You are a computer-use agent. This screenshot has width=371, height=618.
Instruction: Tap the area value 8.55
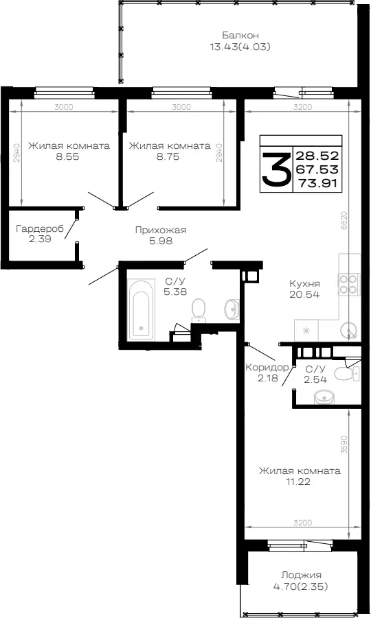[x=67, y=156]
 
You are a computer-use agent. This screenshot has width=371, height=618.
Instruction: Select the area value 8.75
[x=168, y=156]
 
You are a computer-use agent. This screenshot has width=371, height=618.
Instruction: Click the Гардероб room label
[x=40, y=228]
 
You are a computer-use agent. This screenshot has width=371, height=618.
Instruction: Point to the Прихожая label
[x=161, y=230]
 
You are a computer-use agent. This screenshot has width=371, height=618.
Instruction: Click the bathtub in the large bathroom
[x=142, y=310]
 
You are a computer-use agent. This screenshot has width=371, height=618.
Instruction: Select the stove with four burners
[x=349, y=284]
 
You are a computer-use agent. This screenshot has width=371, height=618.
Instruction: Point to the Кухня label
[x=304, y=283]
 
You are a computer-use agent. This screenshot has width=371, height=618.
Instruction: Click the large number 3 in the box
[x=276, y=169]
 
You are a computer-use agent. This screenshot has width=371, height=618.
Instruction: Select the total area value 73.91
[x=318, y=183]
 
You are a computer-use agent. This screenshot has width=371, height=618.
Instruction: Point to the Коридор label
[x=267, y=368]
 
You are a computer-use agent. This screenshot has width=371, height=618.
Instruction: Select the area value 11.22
[x=300, y=482]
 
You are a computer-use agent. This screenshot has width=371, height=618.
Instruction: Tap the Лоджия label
[x=301, y=575]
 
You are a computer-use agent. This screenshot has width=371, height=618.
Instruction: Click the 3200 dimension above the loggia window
[x=303, y=523]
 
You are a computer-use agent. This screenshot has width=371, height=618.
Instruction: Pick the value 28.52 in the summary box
[x=317, y=155]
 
